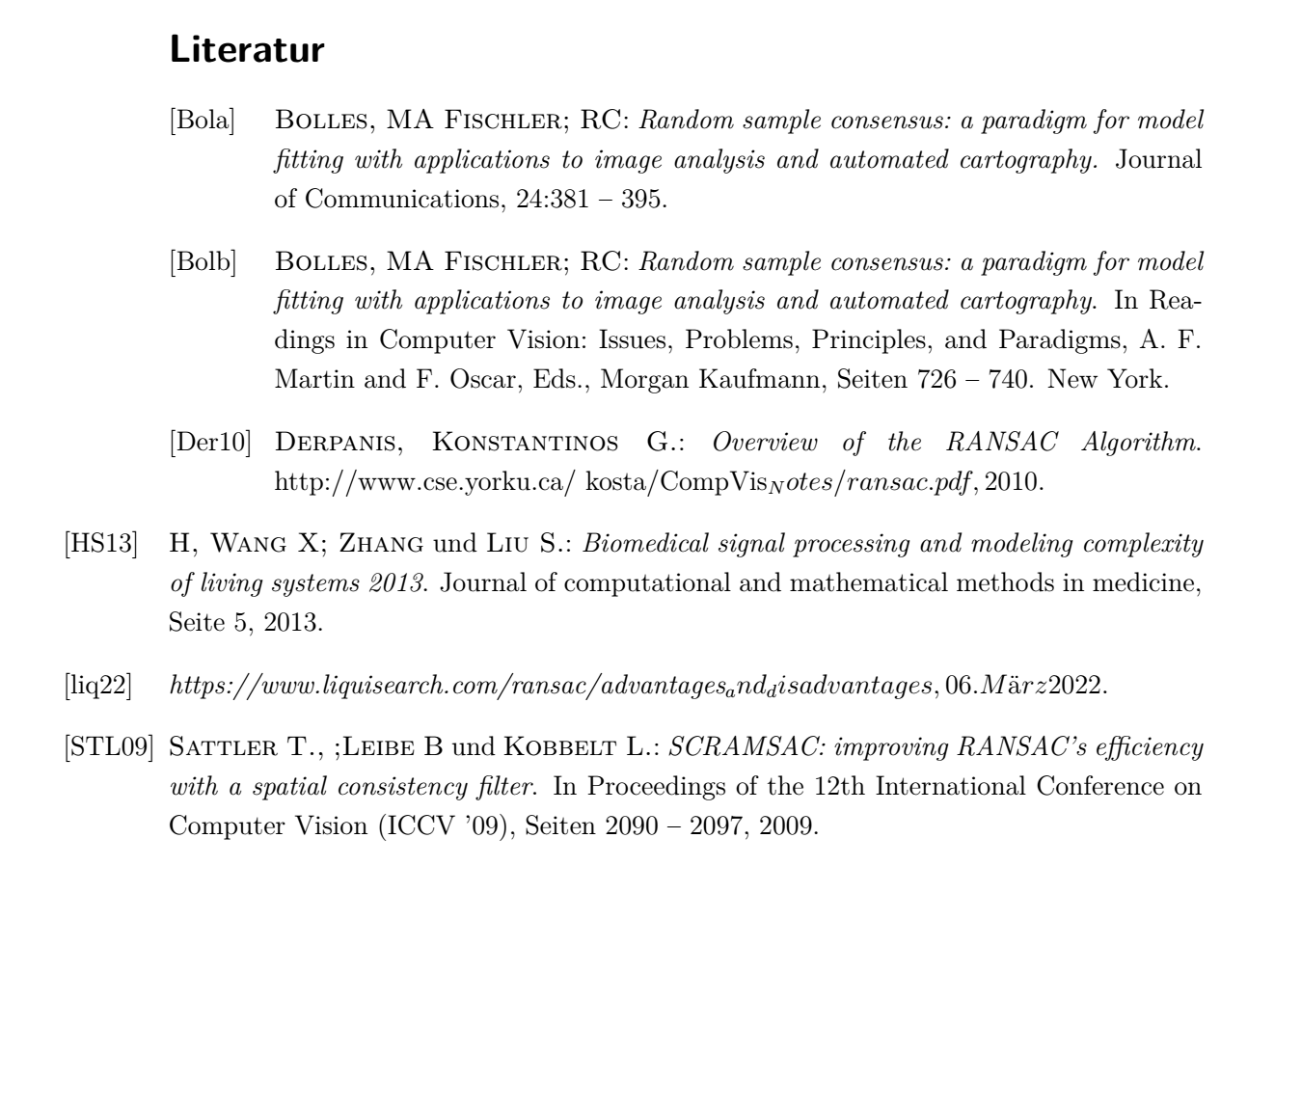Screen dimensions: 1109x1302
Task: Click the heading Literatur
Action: [x=247, y=50]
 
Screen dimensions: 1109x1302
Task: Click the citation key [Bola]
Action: [x=203, y=122]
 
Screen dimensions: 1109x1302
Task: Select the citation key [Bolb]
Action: [x=203, y=262]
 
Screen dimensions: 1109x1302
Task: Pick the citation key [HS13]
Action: [x=101, y=544]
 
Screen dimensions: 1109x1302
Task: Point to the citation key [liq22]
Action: [x=97, y=687]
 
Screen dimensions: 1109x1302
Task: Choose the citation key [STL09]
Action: [x=109, y=747]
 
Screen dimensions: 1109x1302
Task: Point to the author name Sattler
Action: [x=222, y=747]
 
